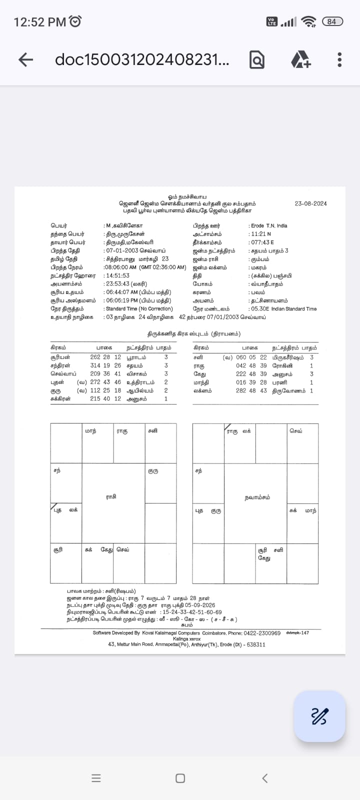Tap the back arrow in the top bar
(x=25, y=60)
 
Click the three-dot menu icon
(x=339, y=59)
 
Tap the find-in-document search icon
(x=256, y=60)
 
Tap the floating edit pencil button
(x=319, y=716)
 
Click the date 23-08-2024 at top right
(x=310, y=203)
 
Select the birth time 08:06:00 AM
(x=120, y=267)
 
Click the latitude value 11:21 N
(x=261, y=234)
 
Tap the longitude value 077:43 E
(x=262, y=242)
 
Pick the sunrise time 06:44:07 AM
(x=121, y=292)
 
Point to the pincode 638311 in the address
(x=256, y=644)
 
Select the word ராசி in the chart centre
(x=111, y=496)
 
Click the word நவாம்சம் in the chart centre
(x=257, y=497)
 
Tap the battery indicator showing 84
(x=331, y=21)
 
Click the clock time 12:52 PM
(x=40, y=22)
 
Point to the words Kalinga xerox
(x=186, y=639)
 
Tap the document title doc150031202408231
(x=142, y=60)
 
